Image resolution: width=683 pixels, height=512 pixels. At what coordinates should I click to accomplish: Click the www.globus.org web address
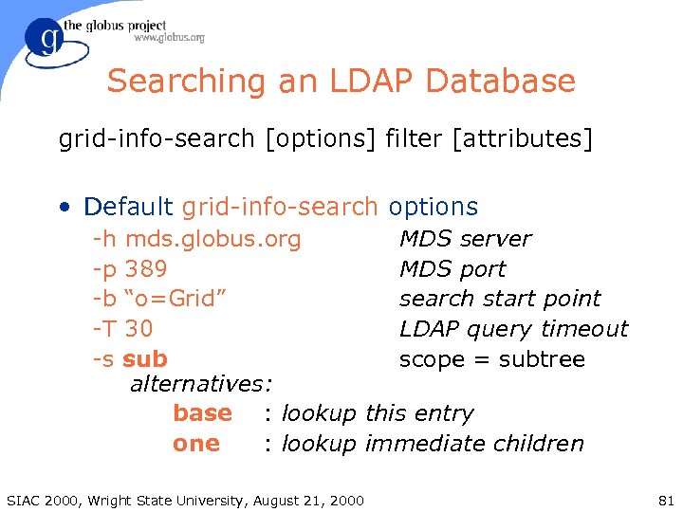coord(169,38)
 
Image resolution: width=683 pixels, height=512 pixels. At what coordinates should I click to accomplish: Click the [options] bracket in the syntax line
coord(321,140)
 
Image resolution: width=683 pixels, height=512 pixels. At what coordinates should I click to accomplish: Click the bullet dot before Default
coord(65,208)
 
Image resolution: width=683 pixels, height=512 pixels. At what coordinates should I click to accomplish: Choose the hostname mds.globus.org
coord(212,239)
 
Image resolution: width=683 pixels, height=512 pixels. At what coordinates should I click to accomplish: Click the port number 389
coord(146,269)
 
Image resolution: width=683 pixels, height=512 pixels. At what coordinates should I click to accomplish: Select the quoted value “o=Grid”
coord(175,299)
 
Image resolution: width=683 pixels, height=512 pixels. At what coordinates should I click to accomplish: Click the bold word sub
coord(145,359)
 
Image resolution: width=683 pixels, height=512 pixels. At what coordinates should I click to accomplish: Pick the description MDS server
coord(465,239)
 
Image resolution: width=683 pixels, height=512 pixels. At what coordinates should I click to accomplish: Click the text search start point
coord(500,299)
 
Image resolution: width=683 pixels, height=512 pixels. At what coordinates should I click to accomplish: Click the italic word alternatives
coord(198,384)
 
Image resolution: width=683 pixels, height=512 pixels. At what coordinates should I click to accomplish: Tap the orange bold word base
coord(202,413)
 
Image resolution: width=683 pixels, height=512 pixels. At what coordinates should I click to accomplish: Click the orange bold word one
coord(195,444)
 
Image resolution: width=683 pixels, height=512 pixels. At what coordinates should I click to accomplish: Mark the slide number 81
coord(664,500)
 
